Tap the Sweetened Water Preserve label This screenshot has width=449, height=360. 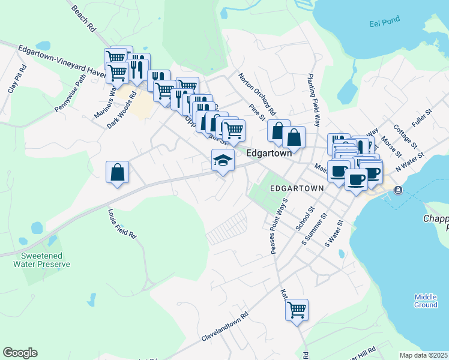(42, 260)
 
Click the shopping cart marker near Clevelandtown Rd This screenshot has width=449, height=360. (297, 310)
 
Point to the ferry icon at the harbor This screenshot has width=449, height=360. (398, 190)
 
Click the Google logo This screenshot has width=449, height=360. (20, 353)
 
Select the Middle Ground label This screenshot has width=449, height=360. (426, 301)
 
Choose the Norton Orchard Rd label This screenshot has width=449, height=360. (257, 94)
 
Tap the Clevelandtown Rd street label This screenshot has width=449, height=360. (225, 326)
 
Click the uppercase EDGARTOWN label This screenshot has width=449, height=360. (296, 188)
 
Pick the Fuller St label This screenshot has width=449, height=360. (422, 118)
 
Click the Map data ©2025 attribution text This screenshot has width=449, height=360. (423, 355)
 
